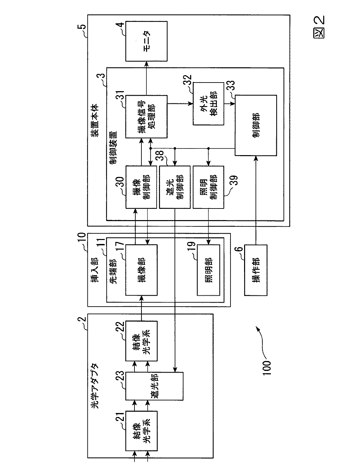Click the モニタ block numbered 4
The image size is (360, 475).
point(146,41)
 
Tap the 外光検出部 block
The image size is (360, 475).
point(208,104)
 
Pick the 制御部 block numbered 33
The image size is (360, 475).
point(255,125)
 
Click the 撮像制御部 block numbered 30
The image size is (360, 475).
point(141,187)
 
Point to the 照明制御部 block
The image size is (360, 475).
point(208,187)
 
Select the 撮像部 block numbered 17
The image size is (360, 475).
point(141,270)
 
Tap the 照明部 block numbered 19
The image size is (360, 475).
point(208,270)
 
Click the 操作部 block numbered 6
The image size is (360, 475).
point(255,270)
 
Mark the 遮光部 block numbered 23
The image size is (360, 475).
point(154,386)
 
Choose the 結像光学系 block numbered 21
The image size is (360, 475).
point(141,431)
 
